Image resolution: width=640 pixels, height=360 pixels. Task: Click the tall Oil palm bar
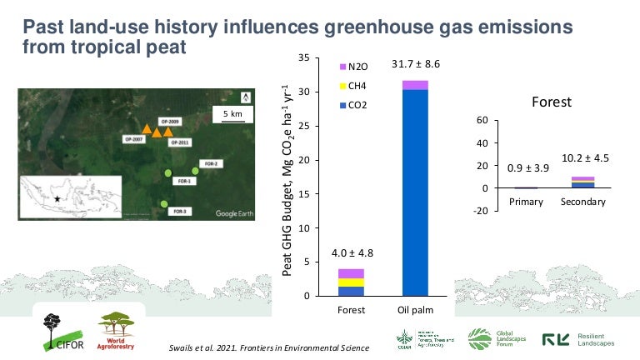point(415,192)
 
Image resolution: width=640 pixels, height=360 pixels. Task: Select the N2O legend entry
point(354,66)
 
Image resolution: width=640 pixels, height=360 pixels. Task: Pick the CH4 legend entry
point(354,85)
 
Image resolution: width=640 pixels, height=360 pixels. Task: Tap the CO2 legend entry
point(354,105)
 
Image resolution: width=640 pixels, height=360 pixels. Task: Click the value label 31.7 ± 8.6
point(415,63)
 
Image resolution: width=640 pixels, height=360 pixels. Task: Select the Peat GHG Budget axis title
point(287,179)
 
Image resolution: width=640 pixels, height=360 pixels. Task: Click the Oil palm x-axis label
point(415,311)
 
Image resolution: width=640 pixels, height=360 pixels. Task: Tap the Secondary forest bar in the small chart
point(582,182)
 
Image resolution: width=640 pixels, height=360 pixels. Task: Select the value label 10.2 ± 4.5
point(583,158)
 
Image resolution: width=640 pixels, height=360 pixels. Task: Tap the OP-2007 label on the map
point(133,139)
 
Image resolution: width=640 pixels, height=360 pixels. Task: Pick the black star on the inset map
point(57,199)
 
